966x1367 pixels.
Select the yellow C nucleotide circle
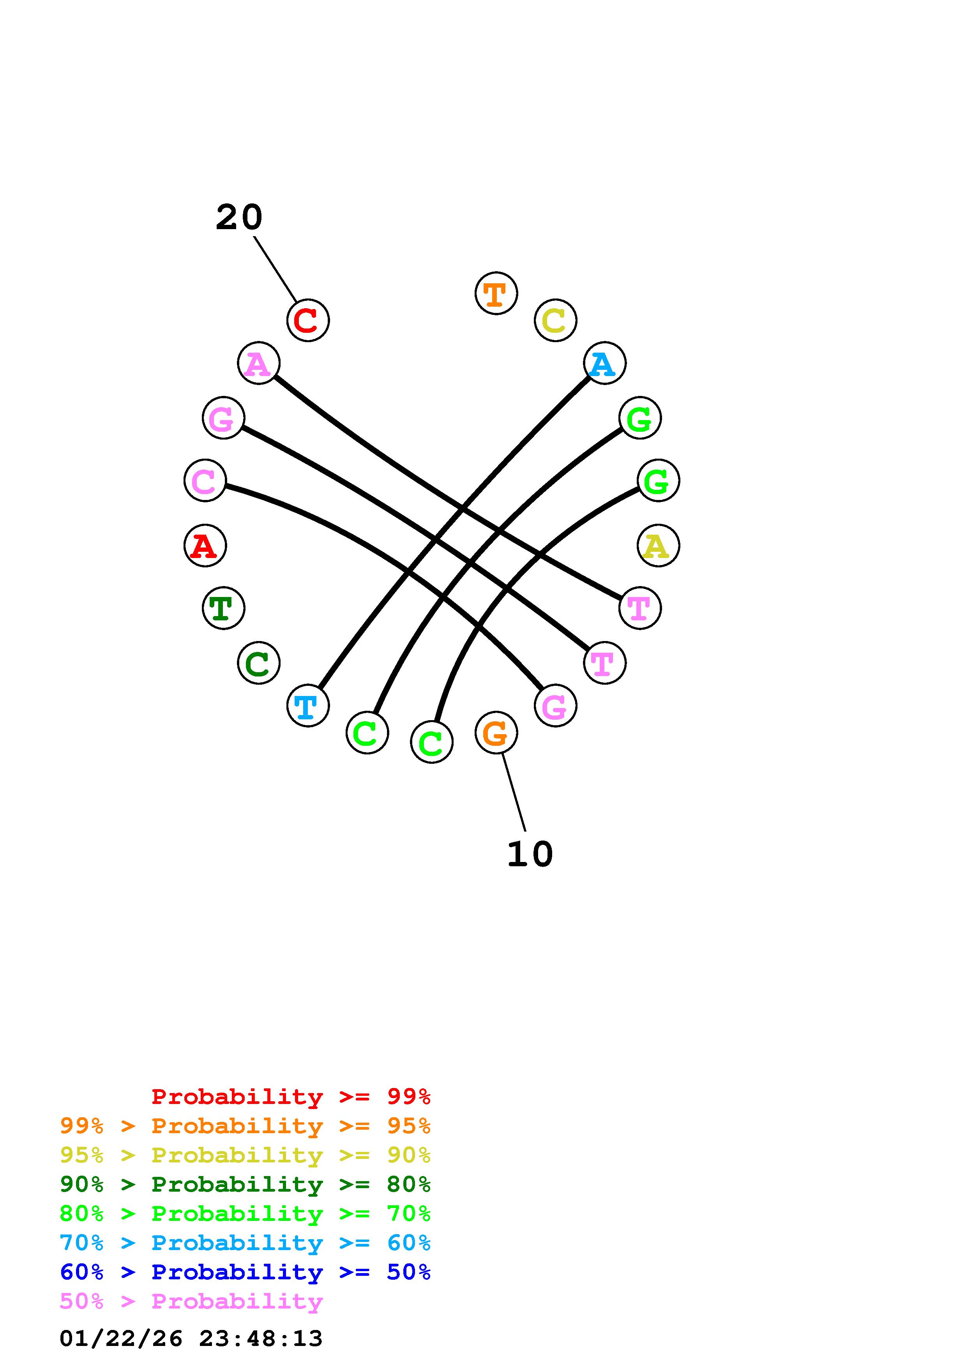pos(555,320)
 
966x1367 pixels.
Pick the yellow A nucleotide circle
pos(658,546)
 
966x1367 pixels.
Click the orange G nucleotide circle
pos(496,732)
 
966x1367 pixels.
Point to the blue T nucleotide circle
pos(308,706)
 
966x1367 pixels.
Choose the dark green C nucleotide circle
pos(258,663)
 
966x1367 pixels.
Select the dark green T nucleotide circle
pos(223,608)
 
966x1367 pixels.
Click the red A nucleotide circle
pos(205,546)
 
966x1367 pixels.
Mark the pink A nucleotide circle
pos(258,363)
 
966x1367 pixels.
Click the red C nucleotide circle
pos(308,320)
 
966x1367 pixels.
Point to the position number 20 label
pos(238,217)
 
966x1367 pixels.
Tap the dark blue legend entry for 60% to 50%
pos(245,1272)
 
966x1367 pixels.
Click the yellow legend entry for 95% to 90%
pos(245,1155)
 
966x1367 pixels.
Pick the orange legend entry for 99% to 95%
pos(245,1126)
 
